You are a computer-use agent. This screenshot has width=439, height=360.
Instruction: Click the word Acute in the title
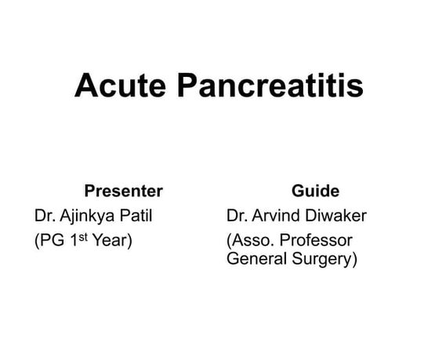121,85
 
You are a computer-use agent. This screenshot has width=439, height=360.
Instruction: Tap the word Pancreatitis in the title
270,85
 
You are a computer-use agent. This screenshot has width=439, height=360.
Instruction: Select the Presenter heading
123,191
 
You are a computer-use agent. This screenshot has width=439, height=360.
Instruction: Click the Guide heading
315,191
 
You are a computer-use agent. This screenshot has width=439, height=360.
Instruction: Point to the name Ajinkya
89,216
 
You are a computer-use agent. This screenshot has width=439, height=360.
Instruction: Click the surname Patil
135,215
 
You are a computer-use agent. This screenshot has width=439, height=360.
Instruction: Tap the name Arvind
280,215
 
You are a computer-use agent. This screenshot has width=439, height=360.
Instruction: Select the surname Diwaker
339,215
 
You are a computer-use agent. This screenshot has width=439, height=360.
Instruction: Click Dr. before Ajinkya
44,215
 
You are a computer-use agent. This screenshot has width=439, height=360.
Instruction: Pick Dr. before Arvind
236,215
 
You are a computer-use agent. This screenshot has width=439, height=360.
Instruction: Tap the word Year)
112,240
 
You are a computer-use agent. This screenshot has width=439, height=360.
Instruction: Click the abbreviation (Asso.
250,240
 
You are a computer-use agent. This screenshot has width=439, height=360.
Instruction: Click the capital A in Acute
85,85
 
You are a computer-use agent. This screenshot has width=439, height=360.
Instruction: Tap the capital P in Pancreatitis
187,85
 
